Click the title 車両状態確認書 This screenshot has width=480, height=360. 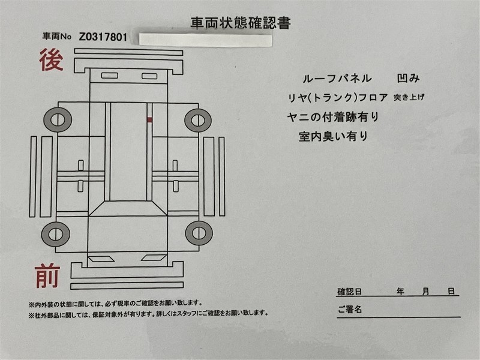pyautogui.click(x=241, y=23)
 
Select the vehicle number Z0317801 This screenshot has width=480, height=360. pyautogui.click(x=103, y=37)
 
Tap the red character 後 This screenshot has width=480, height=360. pyautogui.click(x=51, y=59)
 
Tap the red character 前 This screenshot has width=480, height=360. pyautogui.click(x=47, y=277)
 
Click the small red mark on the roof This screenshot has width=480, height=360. pyautogui.click(x=149, y=119)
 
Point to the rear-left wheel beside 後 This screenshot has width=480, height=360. pyautogui.click(x=58, y=119)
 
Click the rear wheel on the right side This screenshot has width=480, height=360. pyautogui.click(x=198, y=120)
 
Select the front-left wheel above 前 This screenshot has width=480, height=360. pyautogui.click(x=56, y=234)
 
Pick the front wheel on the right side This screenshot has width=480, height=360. pyautogui.click(x=199, y=233)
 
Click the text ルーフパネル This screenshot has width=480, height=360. pyautogui.click(x=337, y=79)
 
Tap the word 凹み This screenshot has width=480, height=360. pyautogui.click(x=408, y=79)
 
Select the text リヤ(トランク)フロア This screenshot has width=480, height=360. pyautogui.click(x=338, y=98)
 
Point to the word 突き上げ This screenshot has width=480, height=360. pyautogui.click(x=409, y=97)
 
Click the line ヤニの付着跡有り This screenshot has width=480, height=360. pyautogui.click(x=333, y=117)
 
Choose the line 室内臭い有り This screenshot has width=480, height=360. pyautogui.click(x=333, y=136)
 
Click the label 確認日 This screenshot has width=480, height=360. pyautogui.click(x=349, y=292)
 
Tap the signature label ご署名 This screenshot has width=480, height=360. pyautogui.click(x=350, y=310)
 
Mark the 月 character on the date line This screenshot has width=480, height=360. pyautogui.click(x=425, y=292)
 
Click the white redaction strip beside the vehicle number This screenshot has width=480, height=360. pyautogui.click(x=205, y=40)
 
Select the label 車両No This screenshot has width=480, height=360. pyautogui.click(x=57, y=37)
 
